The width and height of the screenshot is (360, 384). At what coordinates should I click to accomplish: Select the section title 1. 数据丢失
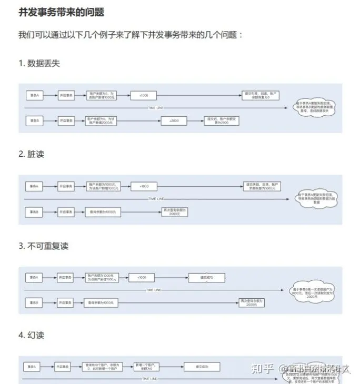pyautogui.click(x=39, y=64)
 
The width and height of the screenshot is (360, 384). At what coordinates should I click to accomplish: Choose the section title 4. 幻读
pyautogui.click(x=32, y=335)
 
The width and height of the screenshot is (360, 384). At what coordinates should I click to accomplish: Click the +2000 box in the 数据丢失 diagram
pyautogui.click(x=174, y=121)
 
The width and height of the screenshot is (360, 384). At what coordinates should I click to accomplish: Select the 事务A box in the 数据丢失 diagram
pyautogui.click(x=35, y=95)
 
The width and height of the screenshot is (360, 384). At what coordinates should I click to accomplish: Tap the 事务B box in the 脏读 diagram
pyautogui.click(x=35, y=212)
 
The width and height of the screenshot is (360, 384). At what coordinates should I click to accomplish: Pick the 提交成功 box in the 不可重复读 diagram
pyautogui.click(x=206, y=277)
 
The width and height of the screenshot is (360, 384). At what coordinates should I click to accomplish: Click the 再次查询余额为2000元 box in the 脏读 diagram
pyautogui.click(x=174, y=212)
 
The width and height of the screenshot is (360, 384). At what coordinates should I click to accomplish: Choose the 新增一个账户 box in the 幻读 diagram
pyautogui.click(x=142, y=366)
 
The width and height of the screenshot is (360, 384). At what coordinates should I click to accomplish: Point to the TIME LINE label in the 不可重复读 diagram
pyautogui.click(x=154, y=290)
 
